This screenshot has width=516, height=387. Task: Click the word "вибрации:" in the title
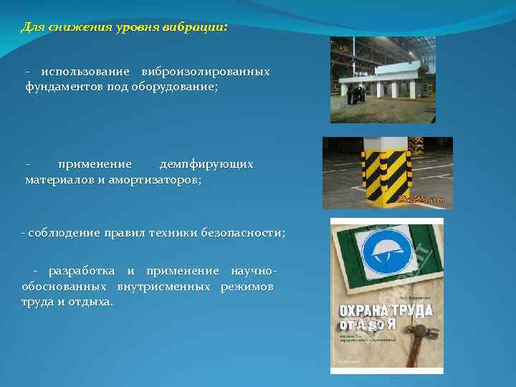pyautogui.click(x=196, y=27)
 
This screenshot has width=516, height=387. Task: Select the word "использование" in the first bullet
pyautogui.click(x=85, y=72)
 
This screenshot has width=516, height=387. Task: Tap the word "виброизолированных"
pyautogui.click(x=206, y=72)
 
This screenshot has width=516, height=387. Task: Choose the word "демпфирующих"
pyautogui.click(x=206, y=165)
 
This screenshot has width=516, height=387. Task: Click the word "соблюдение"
pyautogui.click(x=62, y=234)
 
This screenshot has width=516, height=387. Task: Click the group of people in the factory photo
pyautogui.click(x=355, y=93)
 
